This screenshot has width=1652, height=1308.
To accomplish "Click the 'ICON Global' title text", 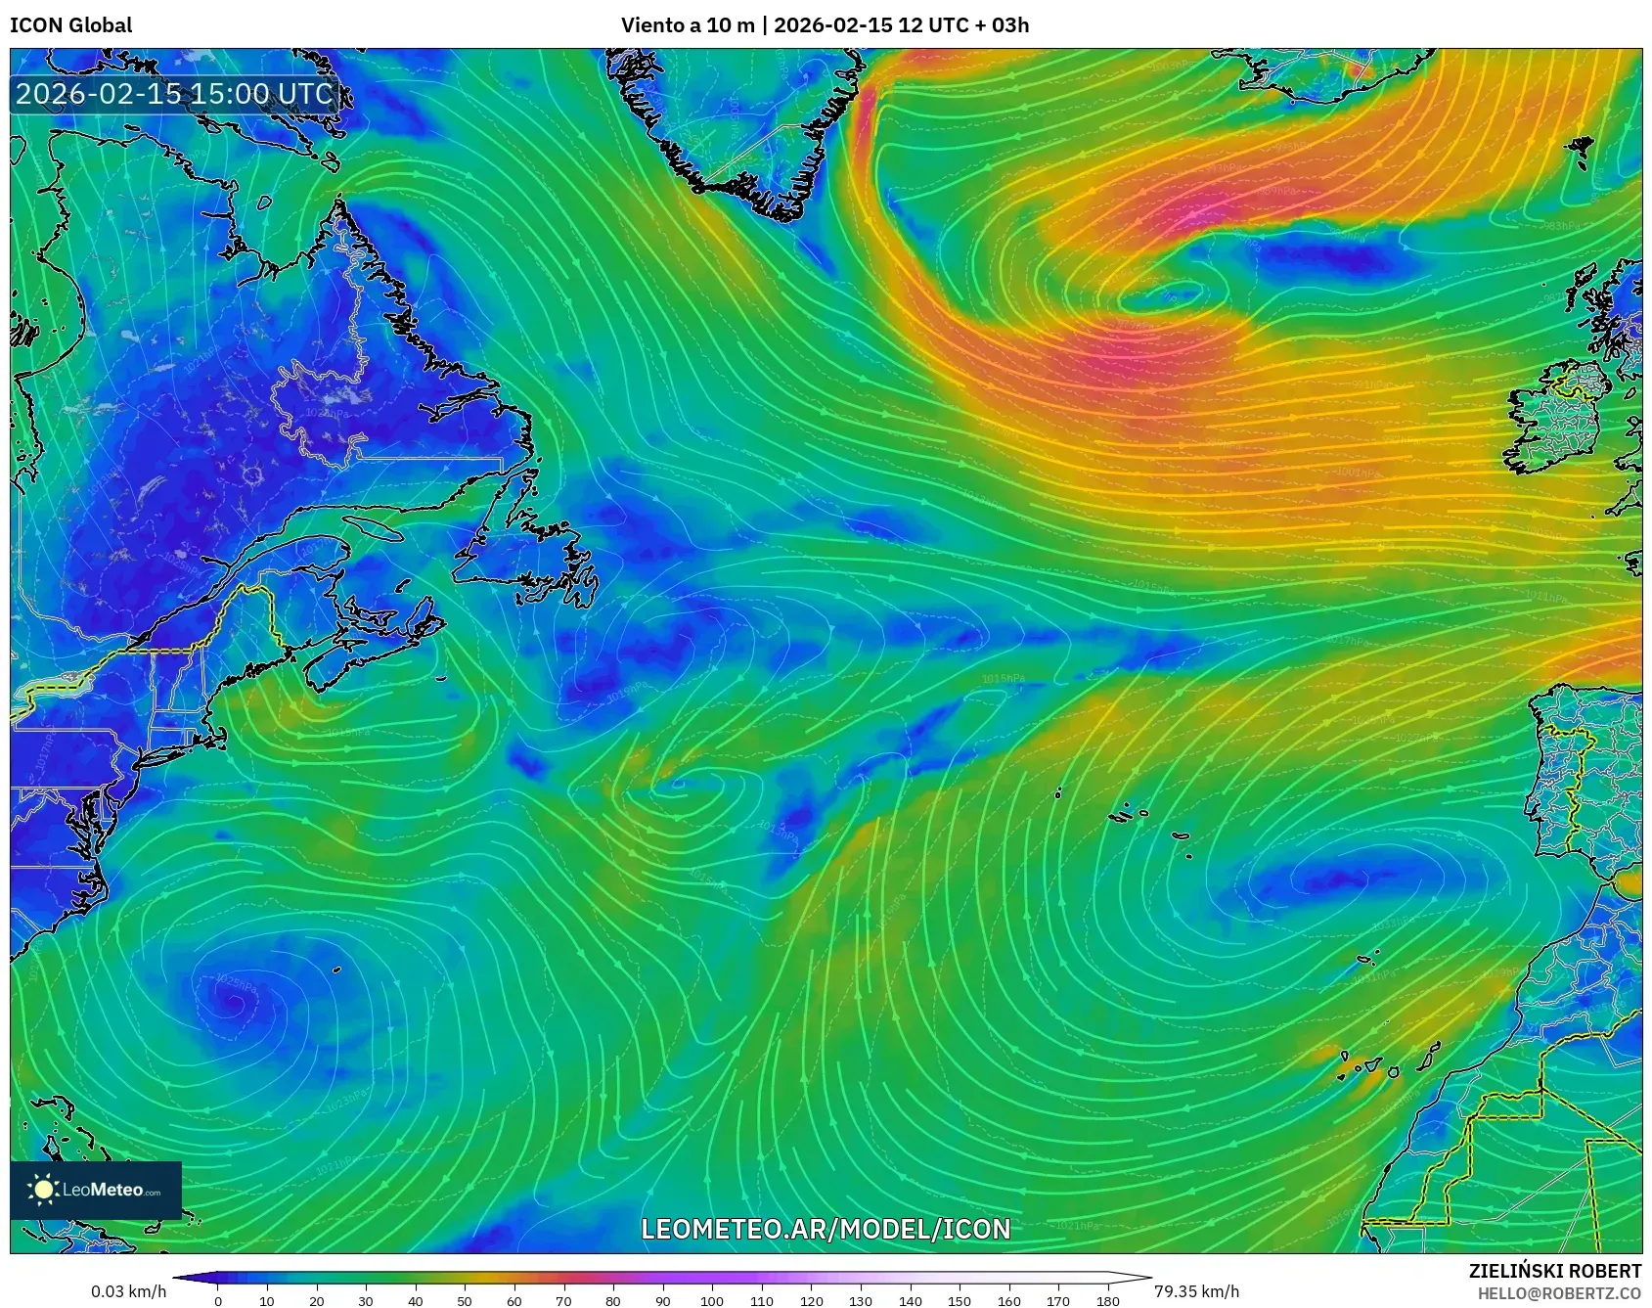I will (70, 25).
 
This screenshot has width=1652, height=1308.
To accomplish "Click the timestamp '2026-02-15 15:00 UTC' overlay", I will (174, 94).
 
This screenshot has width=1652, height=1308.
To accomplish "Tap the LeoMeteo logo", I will (96, 1190).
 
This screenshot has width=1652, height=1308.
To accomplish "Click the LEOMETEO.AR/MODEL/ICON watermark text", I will (826, 1229).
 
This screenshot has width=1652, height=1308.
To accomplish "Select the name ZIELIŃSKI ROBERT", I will (1554, 1271).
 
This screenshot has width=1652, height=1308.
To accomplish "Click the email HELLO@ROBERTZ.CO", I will (1559, 1293).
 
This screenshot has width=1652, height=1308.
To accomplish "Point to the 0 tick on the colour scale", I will (218, 1300).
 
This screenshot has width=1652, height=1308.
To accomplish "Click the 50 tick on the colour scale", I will (465, 1300).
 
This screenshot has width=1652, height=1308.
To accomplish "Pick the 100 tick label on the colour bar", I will (712, 1301).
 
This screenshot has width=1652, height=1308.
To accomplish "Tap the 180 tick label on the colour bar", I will (1107, 1301).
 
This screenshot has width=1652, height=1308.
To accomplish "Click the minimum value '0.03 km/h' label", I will (129, 1291).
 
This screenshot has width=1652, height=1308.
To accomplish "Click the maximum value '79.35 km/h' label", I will (1196, 1291).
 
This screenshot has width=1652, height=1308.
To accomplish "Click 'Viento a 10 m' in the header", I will (688, 25).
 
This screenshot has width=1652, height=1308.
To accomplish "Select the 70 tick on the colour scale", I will (563, 1300).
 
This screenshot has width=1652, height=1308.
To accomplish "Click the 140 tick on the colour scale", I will (910, 1300).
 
